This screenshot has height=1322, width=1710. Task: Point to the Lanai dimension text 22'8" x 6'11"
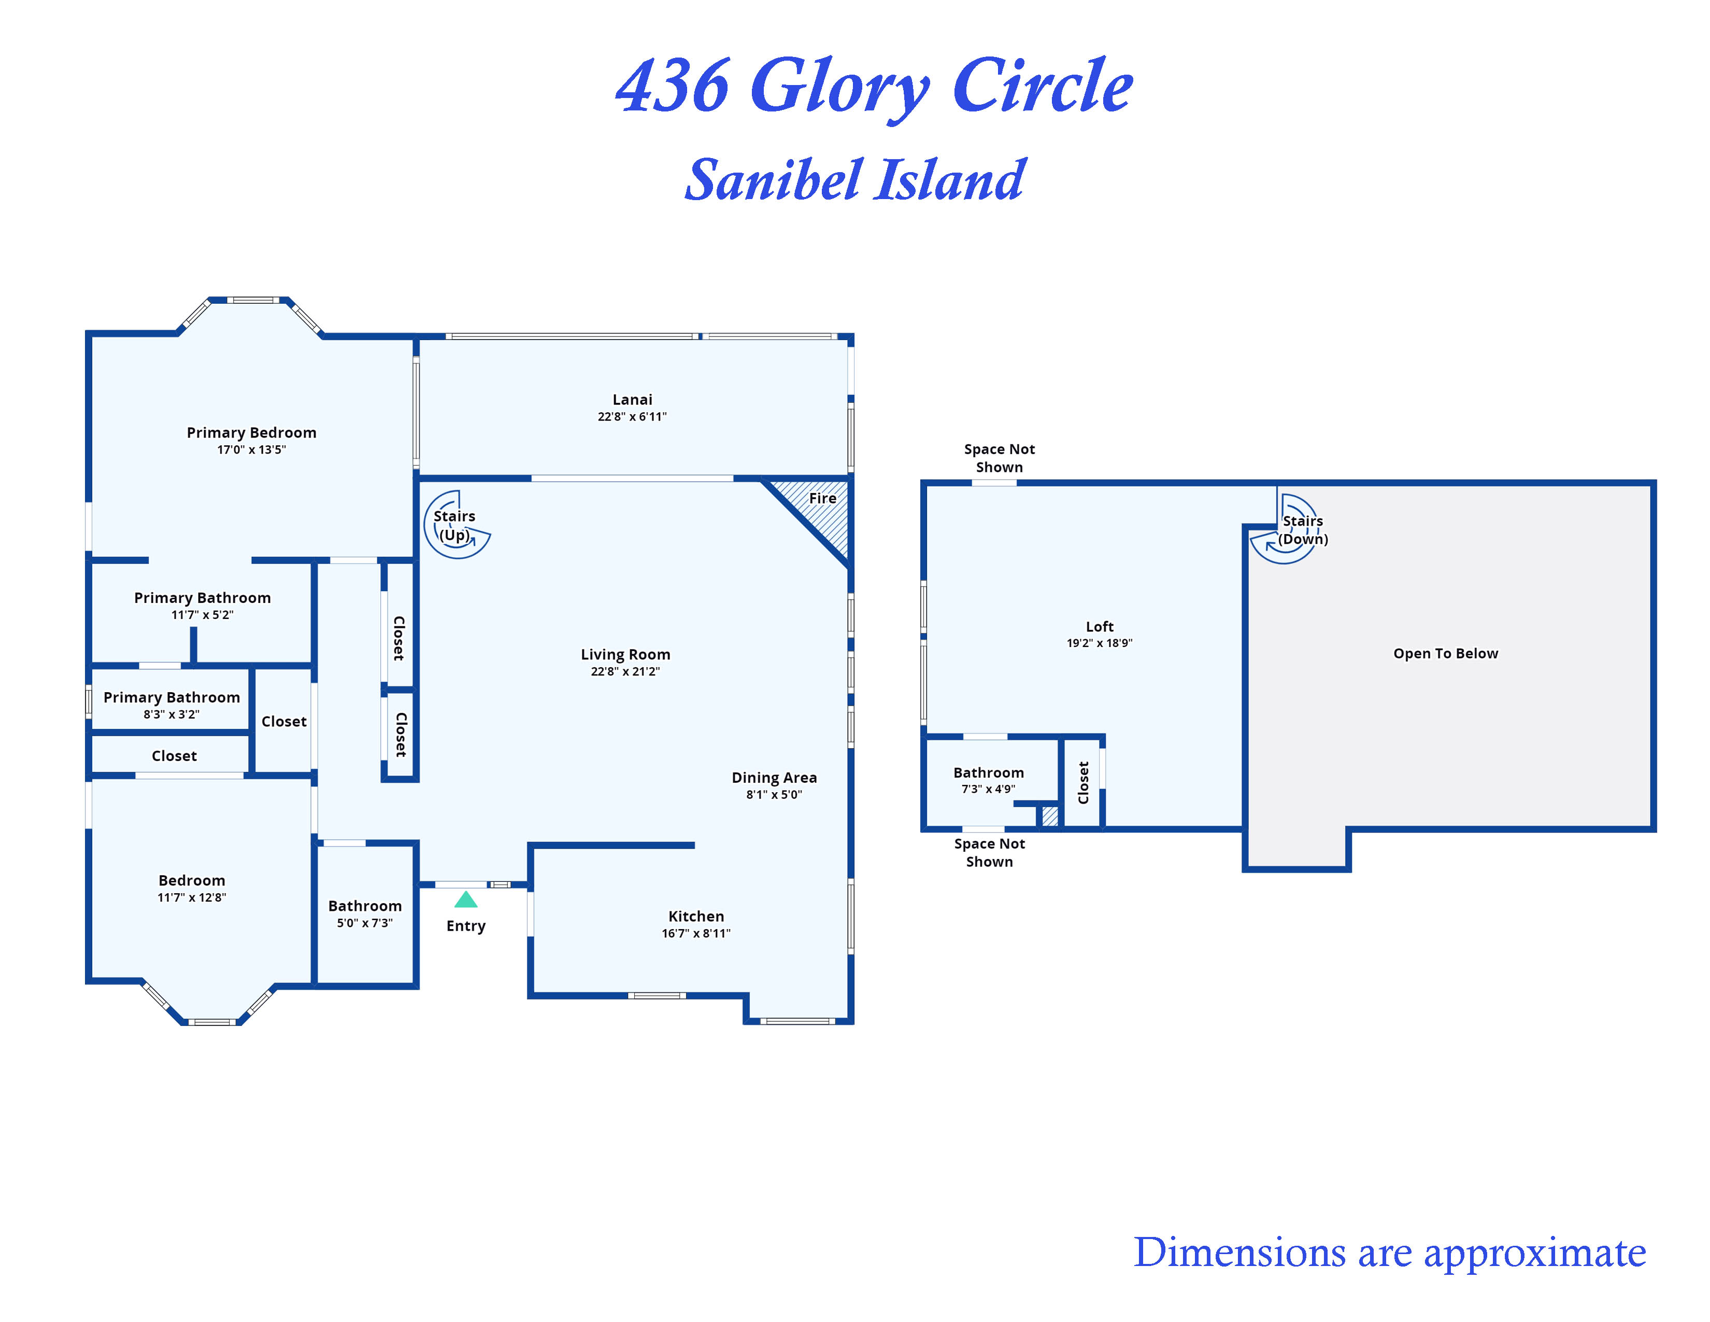click(x=632, y=417)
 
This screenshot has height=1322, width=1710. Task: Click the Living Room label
click(x=625, y=654)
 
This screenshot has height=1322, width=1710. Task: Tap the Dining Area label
click(x=774, y=777)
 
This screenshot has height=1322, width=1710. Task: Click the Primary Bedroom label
click(x=251, y=432)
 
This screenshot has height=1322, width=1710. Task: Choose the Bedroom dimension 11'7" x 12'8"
click(x=191, y=897)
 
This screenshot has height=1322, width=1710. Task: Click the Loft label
click(x=1099, y=627)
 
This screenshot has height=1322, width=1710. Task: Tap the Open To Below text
click(x=1445, y=653)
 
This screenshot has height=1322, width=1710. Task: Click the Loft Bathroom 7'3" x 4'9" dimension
click(x=988, y=789)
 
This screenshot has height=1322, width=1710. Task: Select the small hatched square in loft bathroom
click(x=1049, y=816)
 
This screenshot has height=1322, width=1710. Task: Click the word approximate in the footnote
click(x=1535, y=1254)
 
